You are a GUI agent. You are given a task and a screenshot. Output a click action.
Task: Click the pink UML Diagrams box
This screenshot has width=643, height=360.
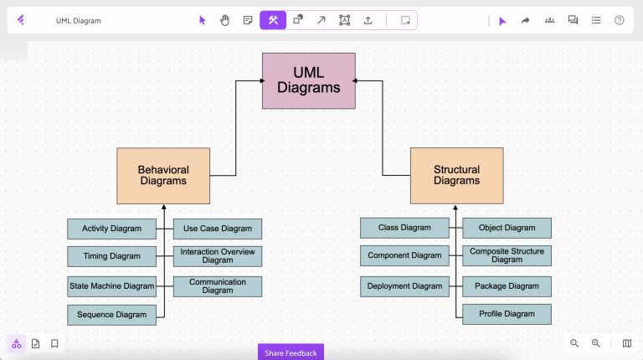[x=309, y=80]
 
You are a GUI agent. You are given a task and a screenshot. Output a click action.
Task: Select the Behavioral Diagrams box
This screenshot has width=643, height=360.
[x=163, y=176]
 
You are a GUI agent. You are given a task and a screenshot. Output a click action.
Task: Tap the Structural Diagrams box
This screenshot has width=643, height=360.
[x=456, y=176]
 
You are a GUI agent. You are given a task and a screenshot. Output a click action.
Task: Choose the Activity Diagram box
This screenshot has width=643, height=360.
[x=111, y=229]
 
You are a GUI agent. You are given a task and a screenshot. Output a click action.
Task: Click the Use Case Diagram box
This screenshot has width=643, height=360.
[x=218, y=229]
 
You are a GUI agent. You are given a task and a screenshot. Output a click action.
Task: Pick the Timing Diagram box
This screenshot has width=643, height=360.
[x=111, y=256]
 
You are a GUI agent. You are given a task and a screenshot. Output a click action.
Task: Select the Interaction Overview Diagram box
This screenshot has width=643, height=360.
[x=218, y=256]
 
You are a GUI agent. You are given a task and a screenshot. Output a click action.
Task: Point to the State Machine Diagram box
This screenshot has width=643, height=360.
[x=111, y=286]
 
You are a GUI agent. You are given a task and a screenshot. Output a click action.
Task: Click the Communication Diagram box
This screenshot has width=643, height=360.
[x=218, y=286]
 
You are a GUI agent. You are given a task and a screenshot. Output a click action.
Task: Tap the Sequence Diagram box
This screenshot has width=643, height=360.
[x=111, y=315]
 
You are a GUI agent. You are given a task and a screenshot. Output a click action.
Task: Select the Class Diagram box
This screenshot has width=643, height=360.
[x=404, y=228]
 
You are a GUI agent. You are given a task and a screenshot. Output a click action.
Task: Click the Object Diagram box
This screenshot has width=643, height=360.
[x=507, y=228]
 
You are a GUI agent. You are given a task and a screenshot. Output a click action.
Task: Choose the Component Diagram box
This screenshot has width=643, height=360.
[x=404, y=255]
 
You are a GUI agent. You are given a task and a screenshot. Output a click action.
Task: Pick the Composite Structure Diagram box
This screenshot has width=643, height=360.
[x=507, y=255]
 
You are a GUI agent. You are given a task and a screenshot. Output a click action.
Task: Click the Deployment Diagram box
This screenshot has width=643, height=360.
[x=404, y=286]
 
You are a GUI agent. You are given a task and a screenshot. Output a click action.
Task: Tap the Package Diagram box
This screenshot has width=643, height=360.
[x=507, y=286]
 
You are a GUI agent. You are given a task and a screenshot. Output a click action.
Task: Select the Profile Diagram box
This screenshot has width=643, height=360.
[x=507, y=314]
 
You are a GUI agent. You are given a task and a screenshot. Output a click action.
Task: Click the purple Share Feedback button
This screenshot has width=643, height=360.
[x=291, y=352]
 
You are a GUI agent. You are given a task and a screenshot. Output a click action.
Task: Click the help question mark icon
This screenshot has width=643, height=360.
[x=619, y=20]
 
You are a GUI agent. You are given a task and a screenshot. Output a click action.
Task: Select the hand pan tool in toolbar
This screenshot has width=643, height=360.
[x=224, y=20]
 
